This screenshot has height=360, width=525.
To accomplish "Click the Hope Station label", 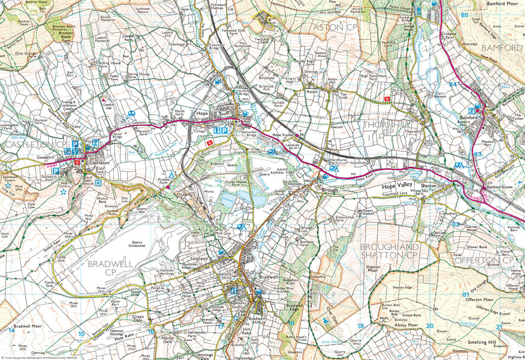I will coord(281,135).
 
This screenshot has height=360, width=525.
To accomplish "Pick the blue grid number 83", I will coord(478,154).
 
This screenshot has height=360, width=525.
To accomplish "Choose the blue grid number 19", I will coord(360,326).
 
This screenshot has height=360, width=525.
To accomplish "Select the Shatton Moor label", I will coord(373,270).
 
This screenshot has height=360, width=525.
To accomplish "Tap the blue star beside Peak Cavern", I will coord(63,192).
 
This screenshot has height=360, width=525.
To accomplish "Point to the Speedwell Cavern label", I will coord(11,179).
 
